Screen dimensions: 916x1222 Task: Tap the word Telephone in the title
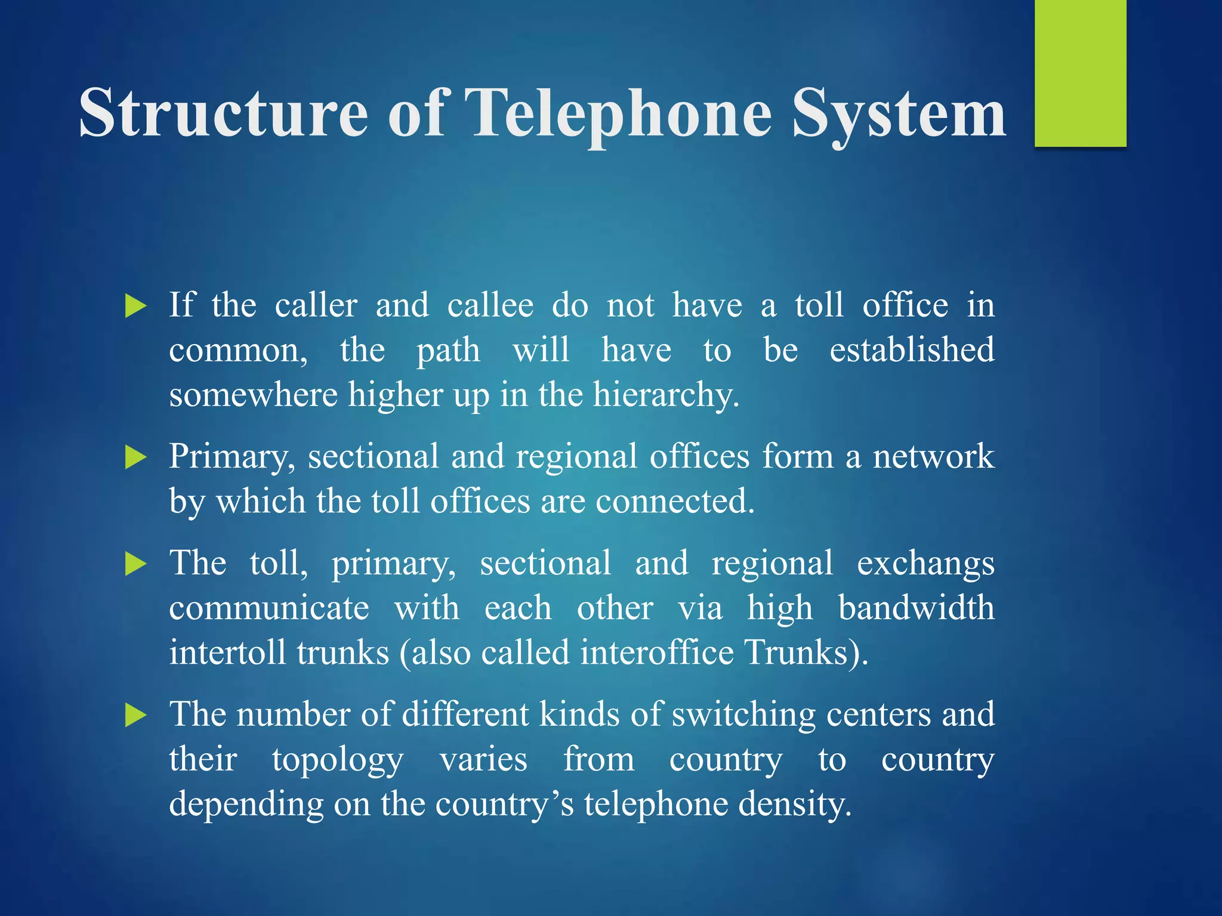(x=618, y=113)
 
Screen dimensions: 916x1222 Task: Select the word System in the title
(x=899, y=113)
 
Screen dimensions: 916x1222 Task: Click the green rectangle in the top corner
(x=1080, y=73)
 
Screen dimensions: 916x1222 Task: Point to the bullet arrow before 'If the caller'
(x=136, y=307)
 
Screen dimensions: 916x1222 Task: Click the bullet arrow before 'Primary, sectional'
(x=136, y=458)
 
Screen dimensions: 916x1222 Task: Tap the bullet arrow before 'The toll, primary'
(x=136, y=564)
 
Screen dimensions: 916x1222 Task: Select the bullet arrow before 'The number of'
(x=136, y=715)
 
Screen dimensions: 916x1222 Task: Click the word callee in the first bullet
(x=490, y=305)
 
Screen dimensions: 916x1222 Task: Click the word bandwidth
(x=916, y=608)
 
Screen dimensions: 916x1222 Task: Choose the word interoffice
(x=656, y=652)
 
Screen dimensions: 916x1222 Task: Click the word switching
(x=743, y=715)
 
